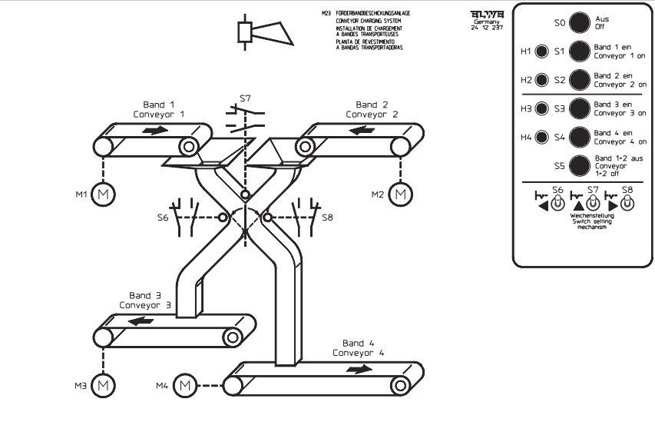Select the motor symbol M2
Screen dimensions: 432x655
[399, 194]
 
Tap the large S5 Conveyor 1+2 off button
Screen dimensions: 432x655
[580, 164]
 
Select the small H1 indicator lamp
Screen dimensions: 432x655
[542, 52]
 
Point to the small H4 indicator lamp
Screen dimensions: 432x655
[542, 138]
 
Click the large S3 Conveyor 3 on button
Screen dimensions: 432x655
[580, 109]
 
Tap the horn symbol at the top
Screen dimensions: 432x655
[263, 32]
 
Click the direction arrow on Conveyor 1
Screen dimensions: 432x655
[154, 130]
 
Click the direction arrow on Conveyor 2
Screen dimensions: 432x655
[362, 129]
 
